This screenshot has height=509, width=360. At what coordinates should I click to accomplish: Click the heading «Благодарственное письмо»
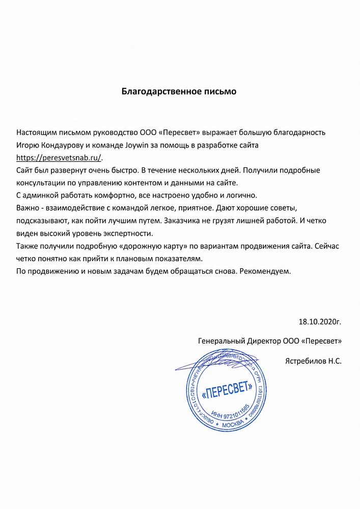179,92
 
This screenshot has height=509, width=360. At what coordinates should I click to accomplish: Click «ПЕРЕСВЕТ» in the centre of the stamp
227,392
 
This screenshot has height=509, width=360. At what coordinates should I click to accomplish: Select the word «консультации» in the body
40,183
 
